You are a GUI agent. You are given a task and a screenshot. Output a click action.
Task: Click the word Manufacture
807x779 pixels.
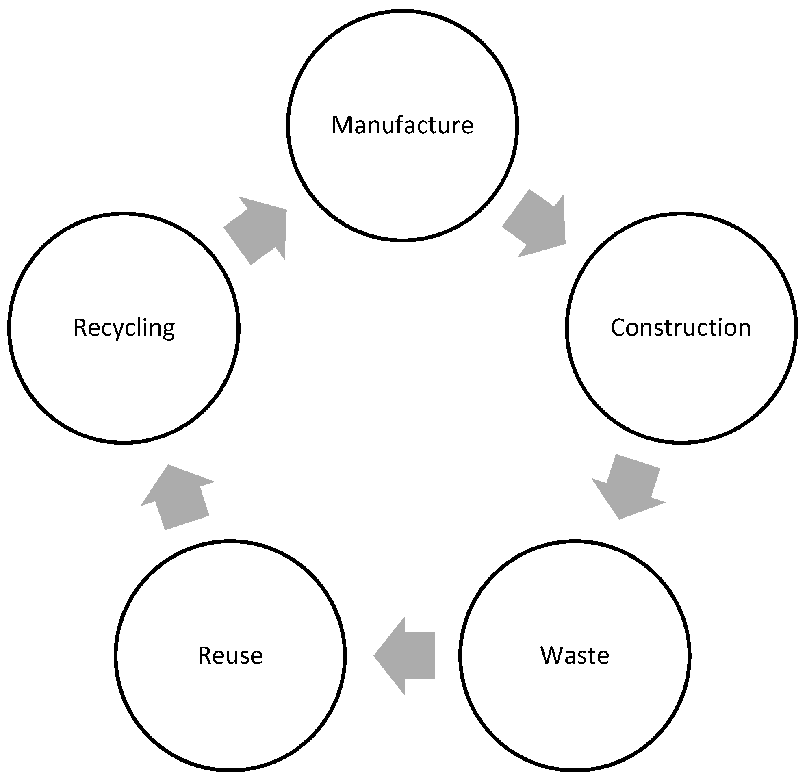tap(402, 125)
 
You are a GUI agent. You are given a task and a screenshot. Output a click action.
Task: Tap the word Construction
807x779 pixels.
tap(681, 328)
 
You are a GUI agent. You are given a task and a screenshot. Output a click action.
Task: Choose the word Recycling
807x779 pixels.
tap(124, 328)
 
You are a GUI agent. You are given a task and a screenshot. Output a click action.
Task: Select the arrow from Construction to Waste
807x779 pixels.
tap(628, 488)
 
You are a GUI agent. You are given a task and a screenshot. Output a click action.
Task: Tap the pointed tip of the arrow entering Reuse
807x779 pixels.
tap(375, 655)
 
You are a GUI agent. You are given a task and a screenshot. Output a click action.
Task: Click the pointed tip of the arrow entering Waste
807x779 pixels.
tap(619, 519)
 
